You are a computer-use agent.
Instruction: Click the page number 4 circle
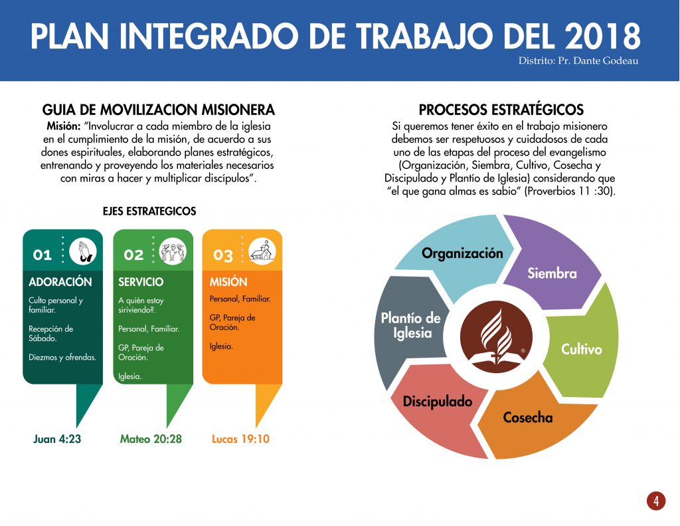[655, 501]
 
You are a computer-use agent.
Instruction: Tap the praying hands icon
[83, 251]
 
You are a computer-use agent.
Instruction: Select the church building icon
[262, 251]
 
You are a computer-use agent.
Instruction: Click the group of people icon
[173, 251]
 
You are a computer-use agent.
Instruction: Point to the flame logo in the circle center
[496, 336]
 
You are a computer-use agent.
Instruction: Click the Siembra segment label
[552, 273]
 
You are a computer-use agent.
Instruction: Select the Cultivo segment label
[582, 349]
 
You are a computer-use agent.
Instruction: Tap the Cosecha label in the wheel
[528, 418]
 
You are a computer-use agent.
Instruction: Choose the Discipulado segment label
[438, 402]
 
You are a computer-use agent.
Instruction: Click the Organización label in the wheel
[462, 253]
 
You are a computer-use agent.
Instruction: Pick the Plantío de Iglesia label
[410, 325]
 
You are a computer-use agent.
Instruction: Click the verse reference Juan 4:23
[57, 439]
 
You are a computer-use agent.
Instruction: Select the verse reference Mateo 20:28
[151, 439]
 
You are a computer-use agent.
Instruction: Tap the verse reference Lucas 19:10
[240, 439]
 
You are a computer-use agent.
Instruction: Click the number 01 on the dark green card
[42, 255]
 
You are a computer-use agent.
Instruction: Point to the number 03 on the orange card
[223, 255]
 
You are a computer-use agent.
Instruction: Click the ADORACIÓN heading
[60, 282]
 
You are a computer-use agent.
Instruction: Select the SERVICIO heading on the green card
[141, 282]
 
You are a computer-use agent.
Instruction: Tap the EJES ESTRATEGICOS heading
[149, 211]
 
